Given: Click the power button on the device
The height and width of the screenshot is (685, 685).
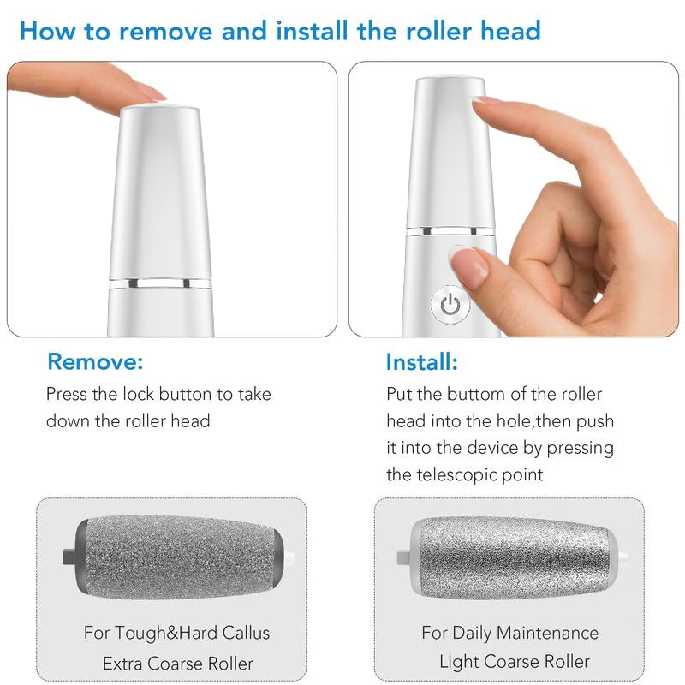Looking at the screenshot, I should point(450,304).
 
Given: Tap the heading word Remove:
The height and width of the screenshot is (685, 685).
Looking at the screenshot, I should point(95,361).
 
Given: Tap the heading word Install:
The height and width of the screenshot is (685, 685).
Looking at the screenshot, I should point(422,361).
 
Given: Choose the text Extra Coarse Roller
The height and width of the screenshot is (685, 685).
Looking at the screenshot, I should point(178,663).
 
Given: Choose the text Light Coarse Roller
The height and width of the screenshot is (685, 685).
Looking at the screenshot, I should point(515,661).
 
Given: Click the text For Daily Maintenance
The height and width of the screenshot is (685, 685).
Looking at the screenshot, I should point(510,634).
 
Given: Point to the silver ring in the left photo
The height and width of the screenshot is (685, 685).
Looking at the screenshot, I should point(160,281).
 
